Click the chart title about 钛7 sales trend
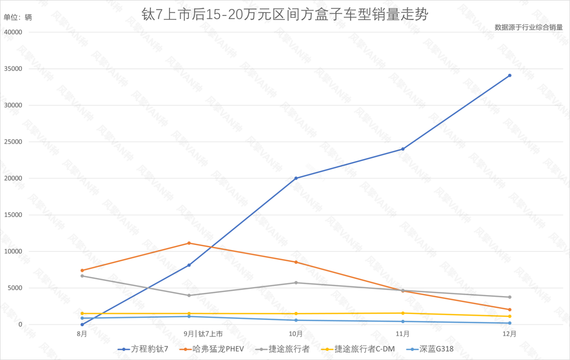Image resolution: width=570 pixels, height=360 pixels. [285, 15]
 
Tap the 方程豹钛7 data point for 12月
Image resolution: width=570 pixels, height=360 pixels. [509, 75]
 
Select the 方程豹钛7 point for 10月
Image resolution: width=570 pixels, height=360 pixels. [296, 178]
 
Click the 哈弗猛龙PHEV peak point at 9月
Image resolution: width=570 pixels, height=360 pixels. [189, 243]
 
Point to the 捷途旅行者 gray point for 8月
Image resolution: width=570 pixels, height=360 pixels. [82, 276]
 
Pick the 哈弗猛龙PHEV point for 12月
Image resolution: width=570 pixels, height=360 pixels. [509, 309]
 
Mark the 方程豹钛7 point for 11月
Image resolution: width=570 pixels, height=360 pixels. [403, 149]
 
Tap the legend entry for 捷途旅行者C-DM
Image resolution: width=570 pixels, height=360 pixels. [359, 349]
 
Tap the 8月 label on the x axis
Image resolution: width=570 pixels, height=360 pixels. [82, 334]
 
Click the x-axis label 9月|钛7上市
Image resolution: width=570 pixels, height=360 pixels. [203, 334]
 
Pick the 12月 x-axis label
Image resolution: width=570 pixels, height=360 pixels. [509, 334]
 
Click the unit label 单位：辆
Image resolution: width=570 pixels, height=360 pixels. [18, 17]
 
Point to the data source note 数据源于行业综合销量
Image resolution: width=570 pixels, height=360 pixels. [529, 27]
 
